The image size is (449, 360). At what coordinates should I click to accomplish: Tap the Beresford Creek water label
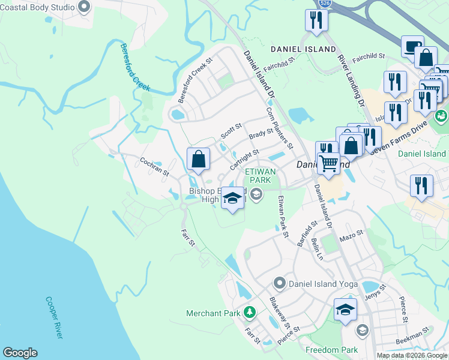(x=134, y=67)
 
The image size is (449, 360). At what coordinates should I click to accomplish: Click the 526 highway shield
(x=325, y=3)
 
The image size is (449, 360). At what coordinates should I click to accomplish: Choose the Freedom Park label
(x=331, y=350)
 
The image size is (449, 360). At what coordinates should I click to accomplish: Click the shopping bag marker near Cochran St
(x=199, y=160)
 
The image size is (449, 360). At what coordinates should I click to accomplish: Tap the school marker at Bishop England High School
(x=232, y=198)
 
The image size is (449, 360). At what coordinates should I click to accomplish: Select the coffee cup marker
(x=412, y=46)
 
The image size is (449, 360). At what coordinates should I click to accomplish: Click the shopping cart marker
(x=328, y=163)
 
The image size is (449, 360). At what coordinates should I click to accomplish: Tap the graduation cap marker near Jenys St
(x=345, y=310)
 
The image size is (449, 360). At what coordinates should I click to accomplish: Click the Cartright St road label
(x=244, y=158)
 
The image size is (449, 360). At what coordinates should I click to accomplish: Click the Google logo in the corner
(x=20, y=353)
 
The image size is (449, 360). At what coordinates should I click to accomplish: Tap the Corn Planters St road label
(x=279, y=128)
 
